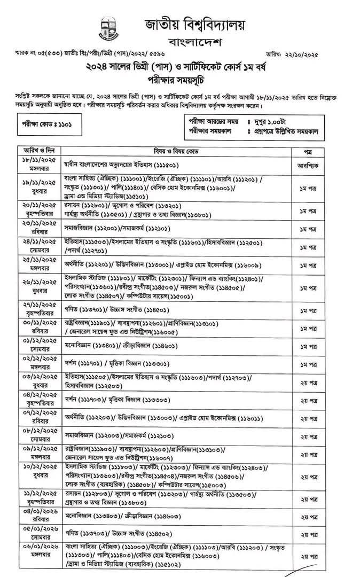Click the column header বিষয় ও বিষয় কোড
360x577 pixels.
tap(175, 151)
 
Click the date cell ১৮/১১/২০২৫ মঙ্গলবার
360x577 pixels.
tap(36, 162)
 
